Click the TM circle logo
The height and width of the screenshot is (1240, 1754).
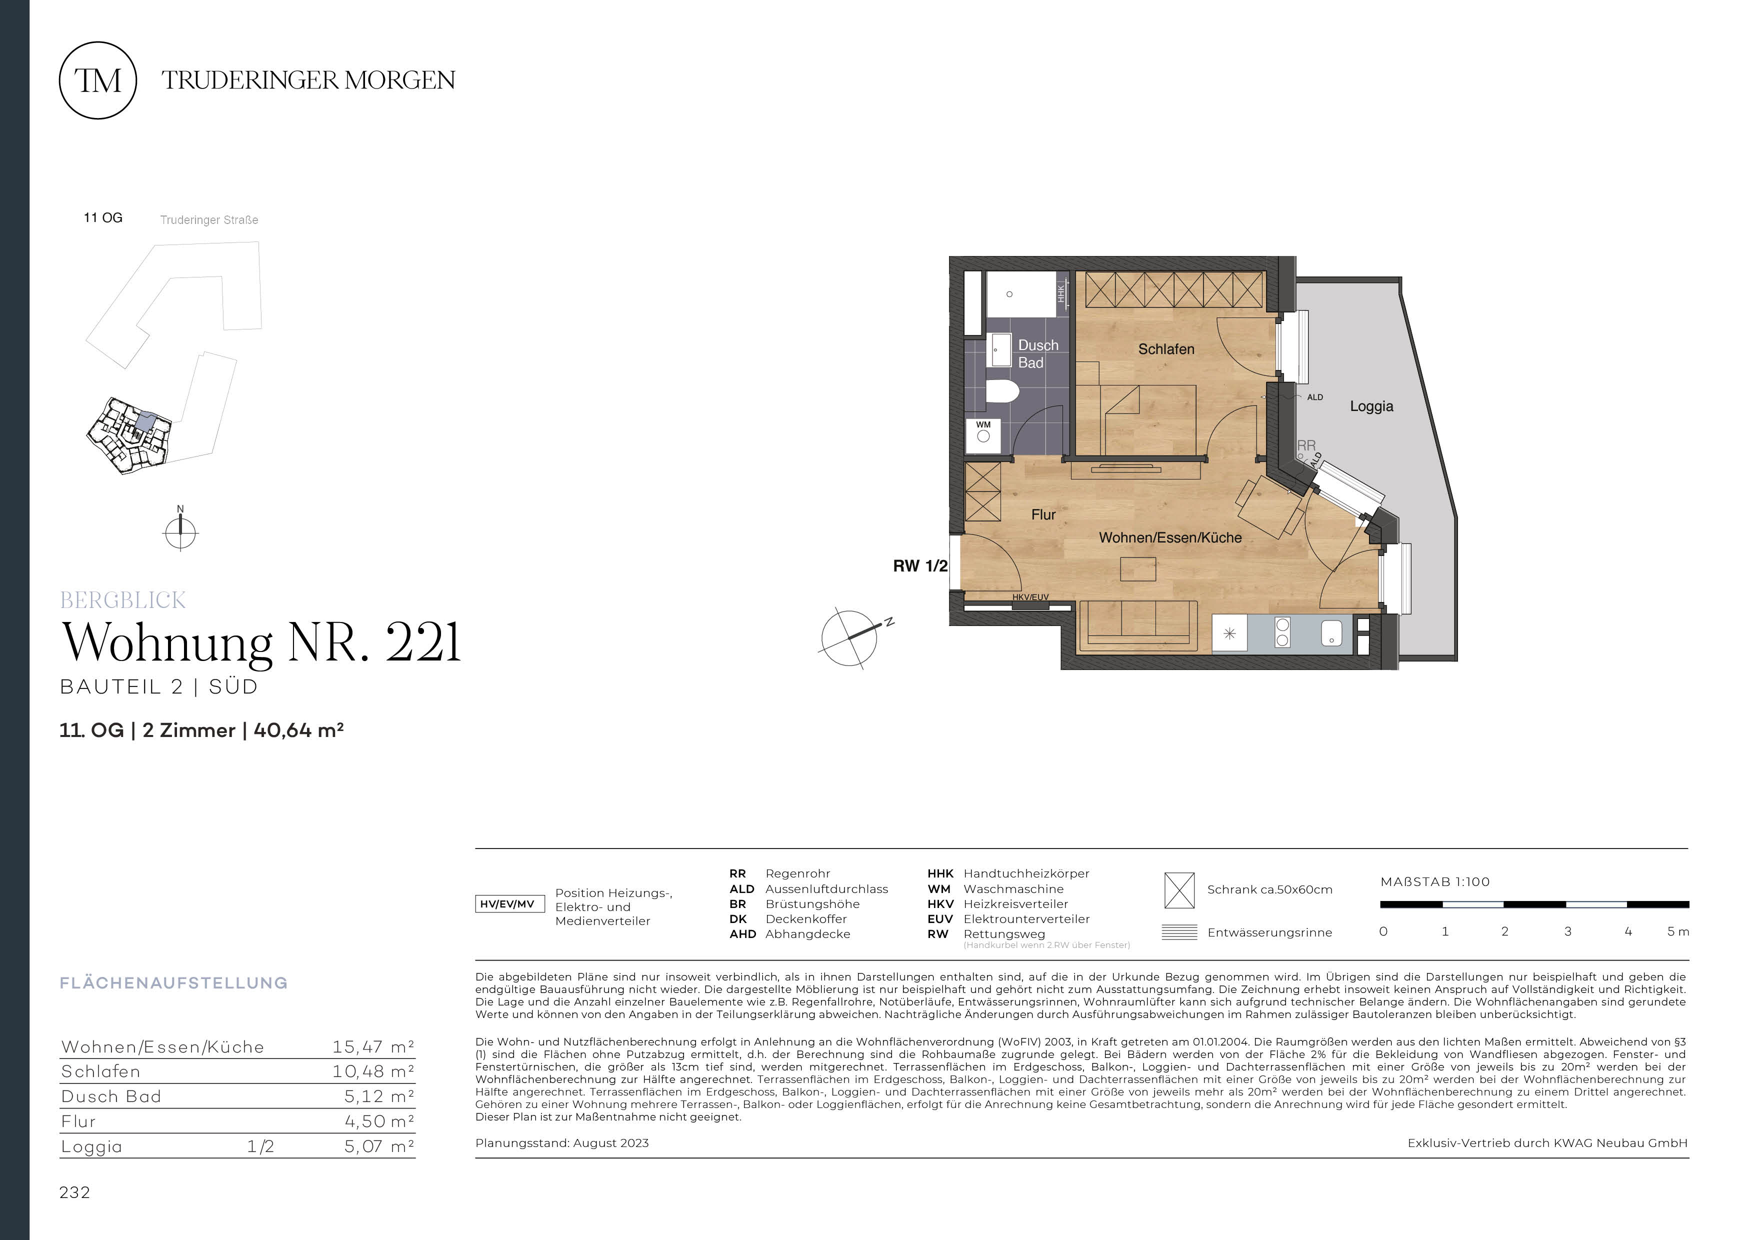point(98,80)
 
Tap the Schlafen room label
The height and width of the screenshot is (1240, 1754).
point(1166,349)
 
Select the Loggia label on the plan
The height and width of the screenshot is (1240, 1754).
point(1371,406)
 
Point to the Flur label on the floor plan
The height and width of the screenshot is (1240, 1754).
point(1043,515)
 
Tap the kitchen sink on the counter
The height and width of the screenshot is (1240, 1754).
point(1331,632)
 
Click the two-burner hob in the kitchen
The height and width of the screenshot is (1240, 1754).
point(1282,632)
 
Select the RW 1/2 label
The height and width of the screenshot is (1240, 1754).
point(920,566)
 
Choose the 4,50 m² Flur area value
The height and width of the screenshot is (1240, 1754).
point(379,1121)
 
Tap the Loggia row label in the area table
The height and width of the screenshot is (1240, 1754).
point(91,1147)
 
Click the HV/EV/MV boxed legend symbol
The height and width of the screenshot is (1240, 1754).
point(509,904)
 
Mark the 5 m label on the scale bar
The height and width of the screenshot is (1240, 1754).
point(1677,931)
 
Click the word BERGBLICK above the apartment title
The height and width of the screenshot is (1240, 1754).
point(123,600)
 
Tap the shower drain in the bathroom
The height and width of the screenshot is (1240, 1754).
point(1009,294)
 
